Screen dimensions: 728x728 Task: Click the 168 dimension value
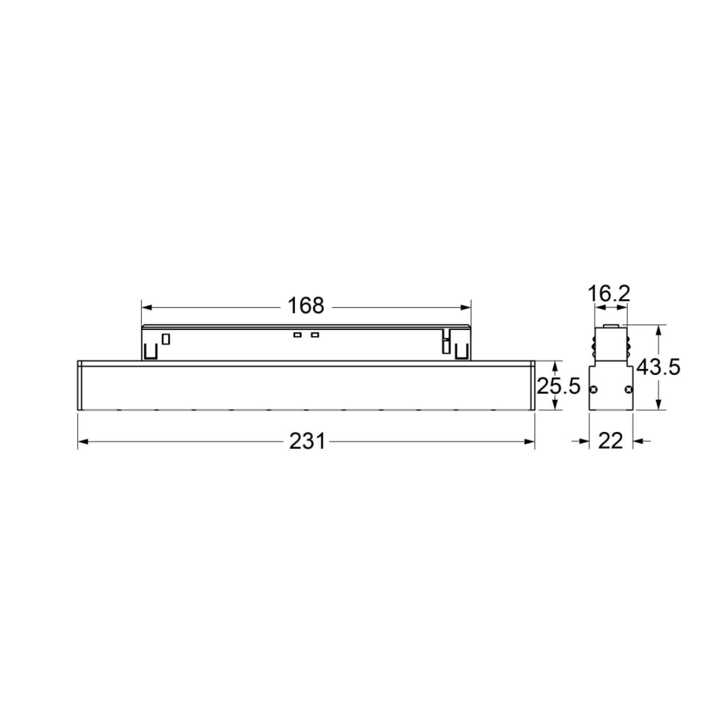click(306, 305)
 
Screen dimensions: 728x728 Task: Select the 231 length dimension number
click(307, 441)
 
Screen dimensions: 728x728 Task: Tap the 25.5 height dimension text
click(558, 386)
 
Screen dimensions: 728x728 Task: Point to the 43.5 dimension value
click(658, 367)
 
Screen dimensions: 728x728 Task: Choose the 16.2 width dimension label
click(609, 295)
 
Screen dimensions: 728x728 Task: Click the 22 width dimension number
click(610, 441)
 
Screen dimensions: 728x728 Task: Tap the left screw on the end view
click(595, 389)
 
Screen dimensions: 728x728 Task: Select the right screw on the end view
click(629, 389)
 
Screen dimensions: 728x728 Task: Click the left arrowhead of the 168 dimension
click(146, 308)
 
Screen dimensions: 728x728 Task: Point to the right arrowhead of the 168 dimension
click(466, 308)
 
